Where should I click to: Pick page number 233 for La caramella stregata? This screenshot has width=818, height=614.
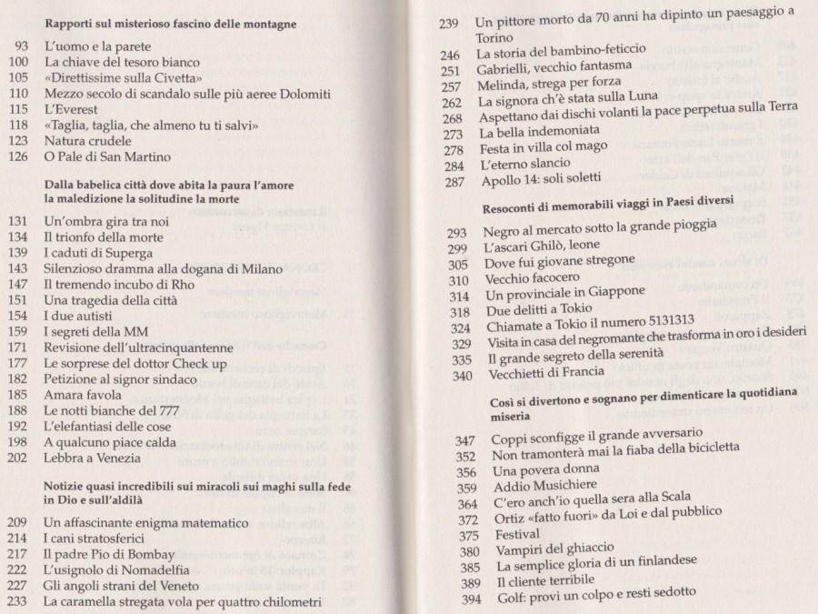pyautogui.click(x=19, y=601)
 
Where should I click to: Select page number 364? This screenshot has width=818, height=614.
pyautogui.click(x=467, y=505)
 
